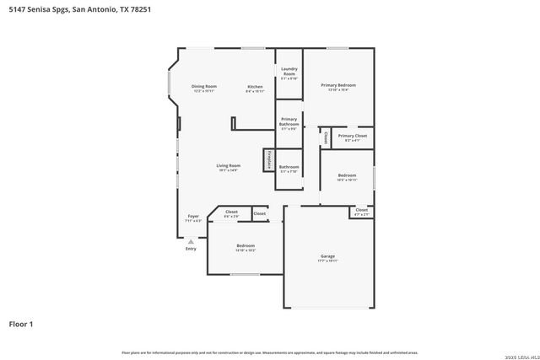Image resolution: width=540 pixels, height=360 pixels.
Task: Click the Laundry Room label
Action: (x=289, y=70)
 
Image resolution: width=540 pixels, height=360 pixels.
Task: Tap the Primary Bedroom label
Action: (x=337, y=85)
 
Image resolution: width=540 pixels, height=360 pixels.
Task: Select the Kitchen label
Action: (x=255, y=87)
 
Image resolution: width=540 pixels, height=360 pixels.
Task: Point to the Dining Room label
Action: (x=204, y=86)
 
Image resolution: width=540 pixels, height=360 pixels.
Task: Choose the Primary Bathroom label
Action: (x=289, y=121)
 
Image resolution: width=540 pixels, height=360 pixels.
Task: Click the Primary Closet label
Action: (x=352, y=136)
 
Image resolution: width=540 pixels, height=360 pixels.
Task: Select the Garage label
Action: (x=327, y=256)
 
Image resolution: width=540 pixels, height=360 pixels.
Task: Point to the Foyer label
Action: (x=192, y=217)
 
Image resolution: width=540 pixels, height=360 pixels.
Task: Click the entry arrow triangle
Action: (x=191, y=240)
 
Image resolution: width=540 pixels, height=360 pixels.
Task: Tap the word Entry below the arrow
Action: (x=191, y=249)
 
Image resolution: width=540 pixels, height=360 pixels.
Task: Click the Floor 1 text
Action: (x=21, y=323)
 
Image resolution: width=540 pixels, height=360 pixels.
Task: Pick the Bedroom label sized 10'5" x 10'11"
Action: (x=347, y=175)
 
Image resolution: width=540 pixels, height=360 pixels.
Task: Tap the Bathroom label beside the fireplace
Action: (x=289, y=167)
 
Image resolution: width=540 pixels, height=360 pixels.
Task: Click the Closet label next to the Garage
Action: (x=360, y=210)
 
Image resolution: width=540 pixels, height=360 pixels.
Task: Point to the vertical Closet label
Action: (x=325, y=137)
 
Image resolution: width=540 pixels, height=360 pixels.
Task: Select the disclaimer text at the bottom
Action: (x=269, y=352)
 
